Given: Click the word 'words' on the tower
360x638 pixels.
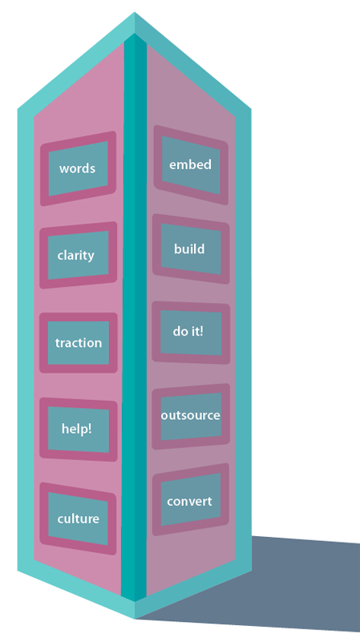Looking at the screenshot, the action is click(x=78, y=168).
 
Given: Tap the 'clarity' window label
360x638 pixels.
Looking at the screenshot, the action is click(x=75, y=256).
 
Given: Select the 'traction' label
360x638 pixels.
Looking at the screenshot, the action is click(x=79, y=342).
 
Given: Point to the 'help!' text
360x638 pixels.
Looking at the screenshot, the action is click(x=76, y=429).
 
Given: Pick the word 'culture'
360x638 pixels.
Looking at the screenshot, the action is click(x=79, y=519).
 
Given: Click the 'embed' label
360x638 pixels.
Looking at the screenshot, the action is click(x=190, y=164).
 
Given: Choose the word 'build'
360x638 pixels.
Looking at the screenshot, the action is click(x=189, y=249).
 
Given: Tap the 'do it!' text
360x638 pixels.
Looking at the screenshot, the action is click(x=188, y=331).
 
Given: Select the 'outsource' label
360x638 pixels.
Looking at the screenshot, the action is click(x=191, y=415).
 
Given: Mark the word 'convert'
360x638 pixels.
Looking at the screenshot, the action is click(x=189, y=501).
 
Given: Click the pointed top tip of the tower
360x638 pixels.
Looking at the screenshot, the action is click(x=135, y=12).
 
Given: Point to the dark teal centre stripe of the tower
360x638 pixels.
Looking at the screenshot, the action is click(x=135, y=317).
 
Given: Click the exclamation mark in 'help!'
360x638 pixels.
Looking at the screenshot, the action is click(x=90, y=428).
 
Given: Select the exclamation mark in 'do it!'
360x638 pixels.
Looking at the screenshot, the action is click(x=200, y=331).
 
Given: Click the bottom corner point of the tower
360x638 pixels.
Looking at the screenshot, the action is click(x=135, y=618).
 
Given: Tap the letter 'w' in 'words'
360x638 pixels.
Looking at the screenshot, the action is click(x=63, y=169).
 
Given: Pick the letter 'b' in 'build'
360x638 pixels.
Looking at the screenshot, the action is click(x=178, y=249).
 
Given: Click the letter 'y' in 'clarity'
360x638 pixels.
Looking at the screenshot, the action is click(x=91, y=257).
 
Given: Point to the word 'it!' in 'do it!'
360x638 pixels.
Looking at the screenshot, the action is click(x=196, y=331).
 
